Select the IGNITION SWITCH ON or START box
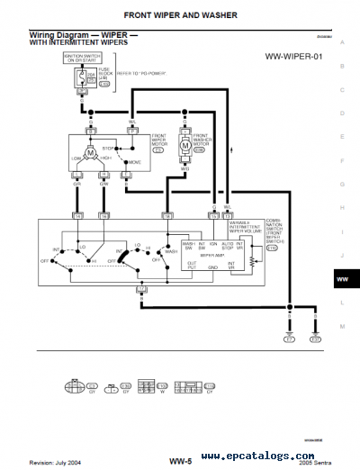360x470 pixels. (x=80, y=58)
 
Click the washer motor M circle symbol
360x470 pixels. (x=184, y=145)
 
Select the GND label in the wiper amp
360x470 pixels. (x=213, y=267)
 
